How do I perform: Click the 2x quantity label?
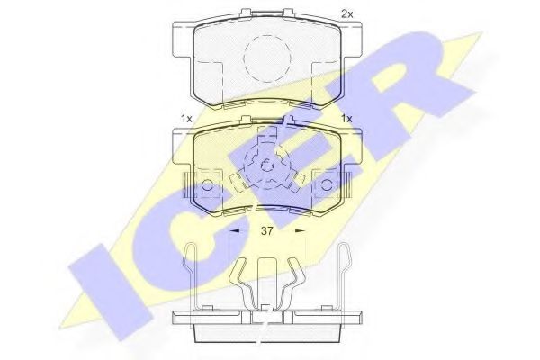(x=346, y=13)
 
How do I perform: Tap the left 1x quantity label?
(x=186, y=118)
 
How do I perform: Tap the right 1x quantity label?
(x=346, y=118)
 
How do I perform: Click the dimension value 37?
(x=267, y=231)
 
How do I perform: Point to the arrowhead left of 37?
(x=235, y=231)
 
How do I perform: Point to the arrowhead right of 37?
(x=300, y=231)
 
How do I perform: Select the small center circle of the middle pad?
(x=265, y=166)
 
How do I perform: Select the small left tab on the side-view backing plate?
(x=206, y=310)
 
